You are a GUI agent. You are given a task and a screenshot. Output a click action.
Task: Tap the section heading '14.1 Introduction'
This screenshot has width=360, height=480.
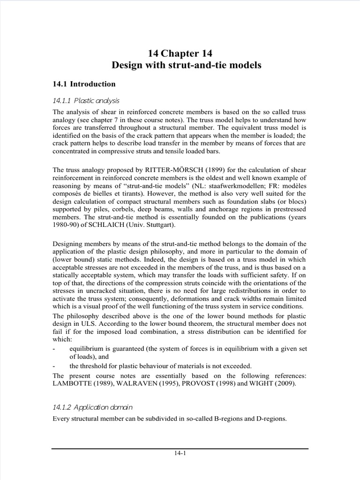click(x=84, y=84)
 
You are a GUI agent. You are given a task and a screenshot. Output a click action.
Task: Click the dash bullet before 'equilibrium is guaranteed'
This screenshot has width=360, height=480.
click(x=54, y=349)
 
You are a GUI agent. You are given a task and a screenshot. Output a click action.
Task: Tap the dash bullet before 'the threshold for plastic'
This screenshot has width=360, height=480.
click(x=54, y=366)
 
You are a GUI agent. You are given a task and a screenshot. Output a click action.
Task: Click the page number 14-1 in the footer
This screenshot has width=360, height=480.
click(x=180, y=453)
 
